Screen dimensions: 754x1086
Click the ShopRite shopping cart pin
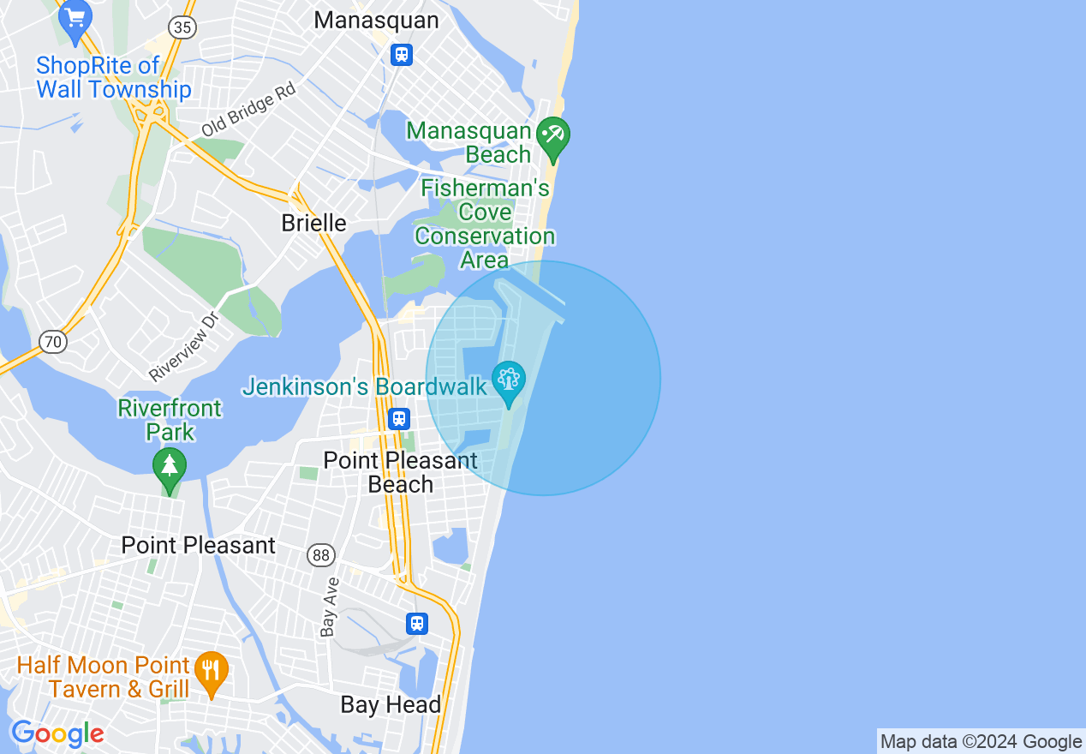click(75, 21)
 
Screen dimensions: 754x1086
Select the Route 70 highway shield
click(53, 342)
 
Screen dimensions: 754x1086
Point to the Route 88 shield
click(321, 555)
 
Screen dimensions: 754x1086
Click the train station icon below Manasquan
click(401, 55)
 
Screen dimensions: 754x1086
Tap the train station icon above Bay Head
click(417, 623)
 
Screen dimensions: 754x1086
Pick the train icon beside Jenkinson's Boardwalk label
click(398, 419)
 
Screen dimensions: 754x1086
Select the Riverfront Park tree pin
click(170, 469)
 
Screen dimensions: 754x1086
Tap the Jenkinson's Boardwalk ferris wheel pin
click(509, 382)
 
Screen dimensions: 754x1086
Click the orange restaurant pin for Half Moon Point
click(210, 673)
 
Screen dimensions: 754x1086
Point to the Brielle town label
click(314, 223)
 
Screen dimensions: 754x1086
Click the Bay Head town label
click(391, 705)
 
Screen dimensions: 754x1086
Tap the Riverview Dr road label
click(185, 346)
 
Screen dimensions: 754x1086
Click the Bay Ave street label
click(330, 607)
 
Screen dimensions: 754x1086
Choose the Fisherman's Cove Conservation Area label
click(485, 224)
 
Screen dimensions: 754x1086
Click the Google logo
click(57, 733)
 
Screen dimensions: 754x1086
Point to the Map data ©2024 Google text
click(981, 742)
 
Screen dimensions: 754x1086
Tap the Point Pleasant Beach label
click(400, 472)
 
